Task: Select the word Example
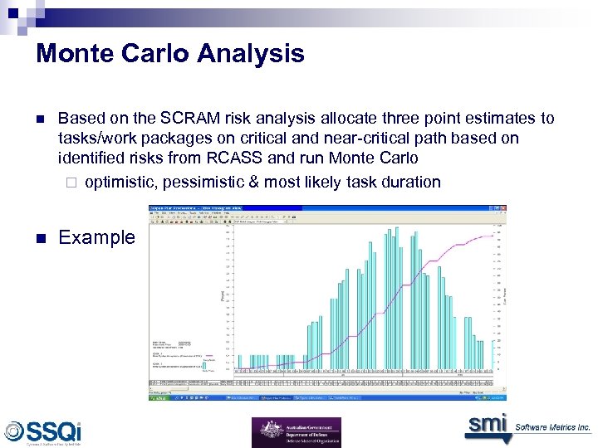96,237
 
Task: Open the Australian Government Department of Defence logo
296,431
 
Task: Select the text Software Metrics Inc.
552,427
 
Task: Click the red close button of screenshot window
502,208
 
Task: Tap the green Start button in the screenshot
159,398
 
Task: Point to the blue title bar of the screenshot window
316,208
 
